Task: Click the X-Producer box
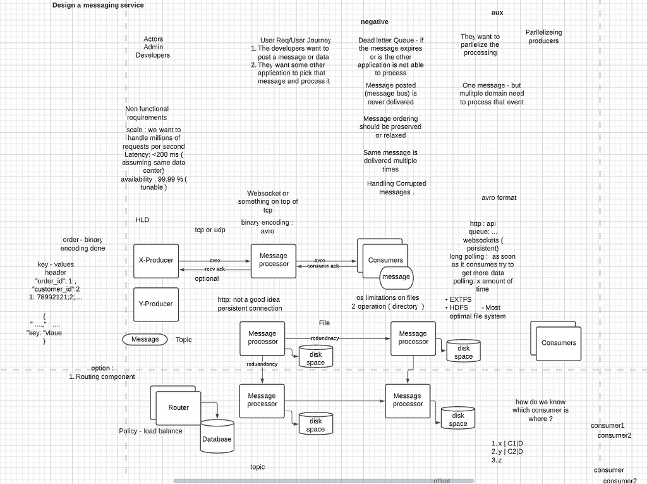point(155,260)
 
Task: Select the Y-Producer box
point(155,304)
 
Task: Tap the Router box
point(178,407)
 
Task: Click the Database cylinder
point(217,438)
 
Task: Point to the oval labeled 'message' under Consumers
point(396,276)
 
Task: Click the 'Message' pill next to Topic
point(145,339)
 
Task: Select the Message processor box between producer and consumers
point(274,260)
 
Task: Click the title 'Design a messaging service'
point(98,5)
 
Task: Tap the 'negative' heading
point(375,22)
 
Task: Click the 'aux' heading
point(497,13)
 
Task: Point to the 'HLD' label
point(142,220)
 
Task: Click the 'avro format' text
point(499,198)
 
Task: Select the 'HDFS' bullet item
point(459,307)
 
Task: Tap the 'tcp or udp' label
point(210,230)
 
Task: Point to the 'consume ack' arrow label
point(323,266)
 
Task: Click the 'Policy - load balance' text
point(150,431)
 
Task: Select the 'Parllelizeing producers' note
point(543,37)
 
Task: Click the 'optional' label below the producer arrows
point(207,278)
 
